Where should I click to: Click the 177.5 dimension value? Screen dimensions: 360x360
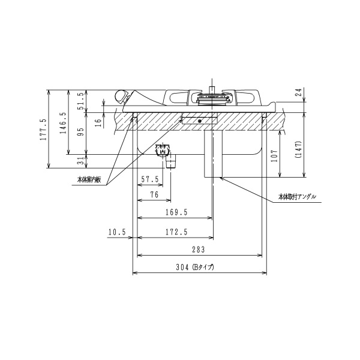[43, 130]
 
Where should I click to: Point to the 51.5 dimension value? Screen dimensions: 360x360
[81, 101]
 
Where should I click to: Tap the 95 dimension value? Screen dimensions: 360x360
[81, 132]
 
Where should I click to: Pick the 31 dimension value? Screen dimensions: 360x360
[81, 161]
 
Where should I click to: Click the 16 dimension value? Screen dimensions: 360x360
[98, 123]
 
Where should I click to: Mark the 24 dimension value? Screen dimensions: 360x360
[299, 92]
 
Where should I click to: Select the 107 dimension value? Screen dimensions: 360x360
[275, 155]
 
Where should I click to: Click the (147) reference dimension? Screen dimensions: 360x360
[299, 149]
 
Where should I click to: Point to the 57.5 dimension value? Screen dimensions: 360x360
[150, 179]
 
